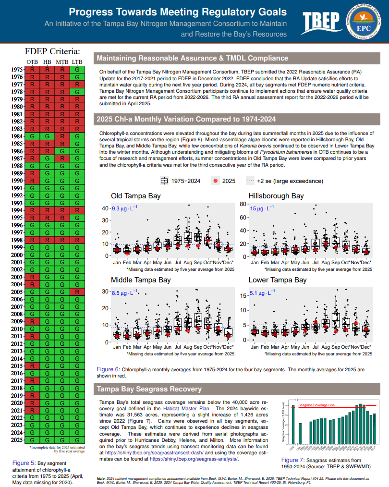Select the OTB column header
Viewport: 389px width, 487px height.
point(32,62)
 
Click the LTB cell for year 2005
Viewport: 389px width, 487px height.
point(77,292)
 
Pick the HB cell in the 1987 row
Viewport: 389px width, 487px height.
point(47,158)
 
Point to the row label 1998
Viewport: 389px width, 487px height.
point(16,240)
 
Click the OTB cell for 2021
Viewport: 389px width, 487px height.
point(32,411)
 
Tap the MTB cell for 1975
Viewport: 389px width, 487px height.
point(62,70)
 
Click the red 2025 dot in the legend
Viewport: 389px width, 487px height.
point(216,181)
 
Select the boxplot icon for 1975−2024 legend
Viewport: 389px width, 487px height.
point(164,181)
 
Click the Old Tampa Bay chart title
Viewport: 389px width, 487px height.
point(136,196)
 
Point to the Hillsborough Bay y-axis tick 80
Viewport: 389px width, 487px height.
point(243,205)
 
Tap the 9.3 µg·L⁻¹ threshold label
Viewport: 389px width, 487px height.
point(124,209)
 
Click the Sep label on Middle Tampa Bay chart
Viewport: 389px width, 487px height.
point(198,347)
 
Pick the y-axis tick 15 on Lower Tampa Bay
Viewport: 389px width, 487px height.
point(243,296)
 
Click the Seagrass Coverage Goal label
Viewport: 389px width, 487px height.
point(317,405)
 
